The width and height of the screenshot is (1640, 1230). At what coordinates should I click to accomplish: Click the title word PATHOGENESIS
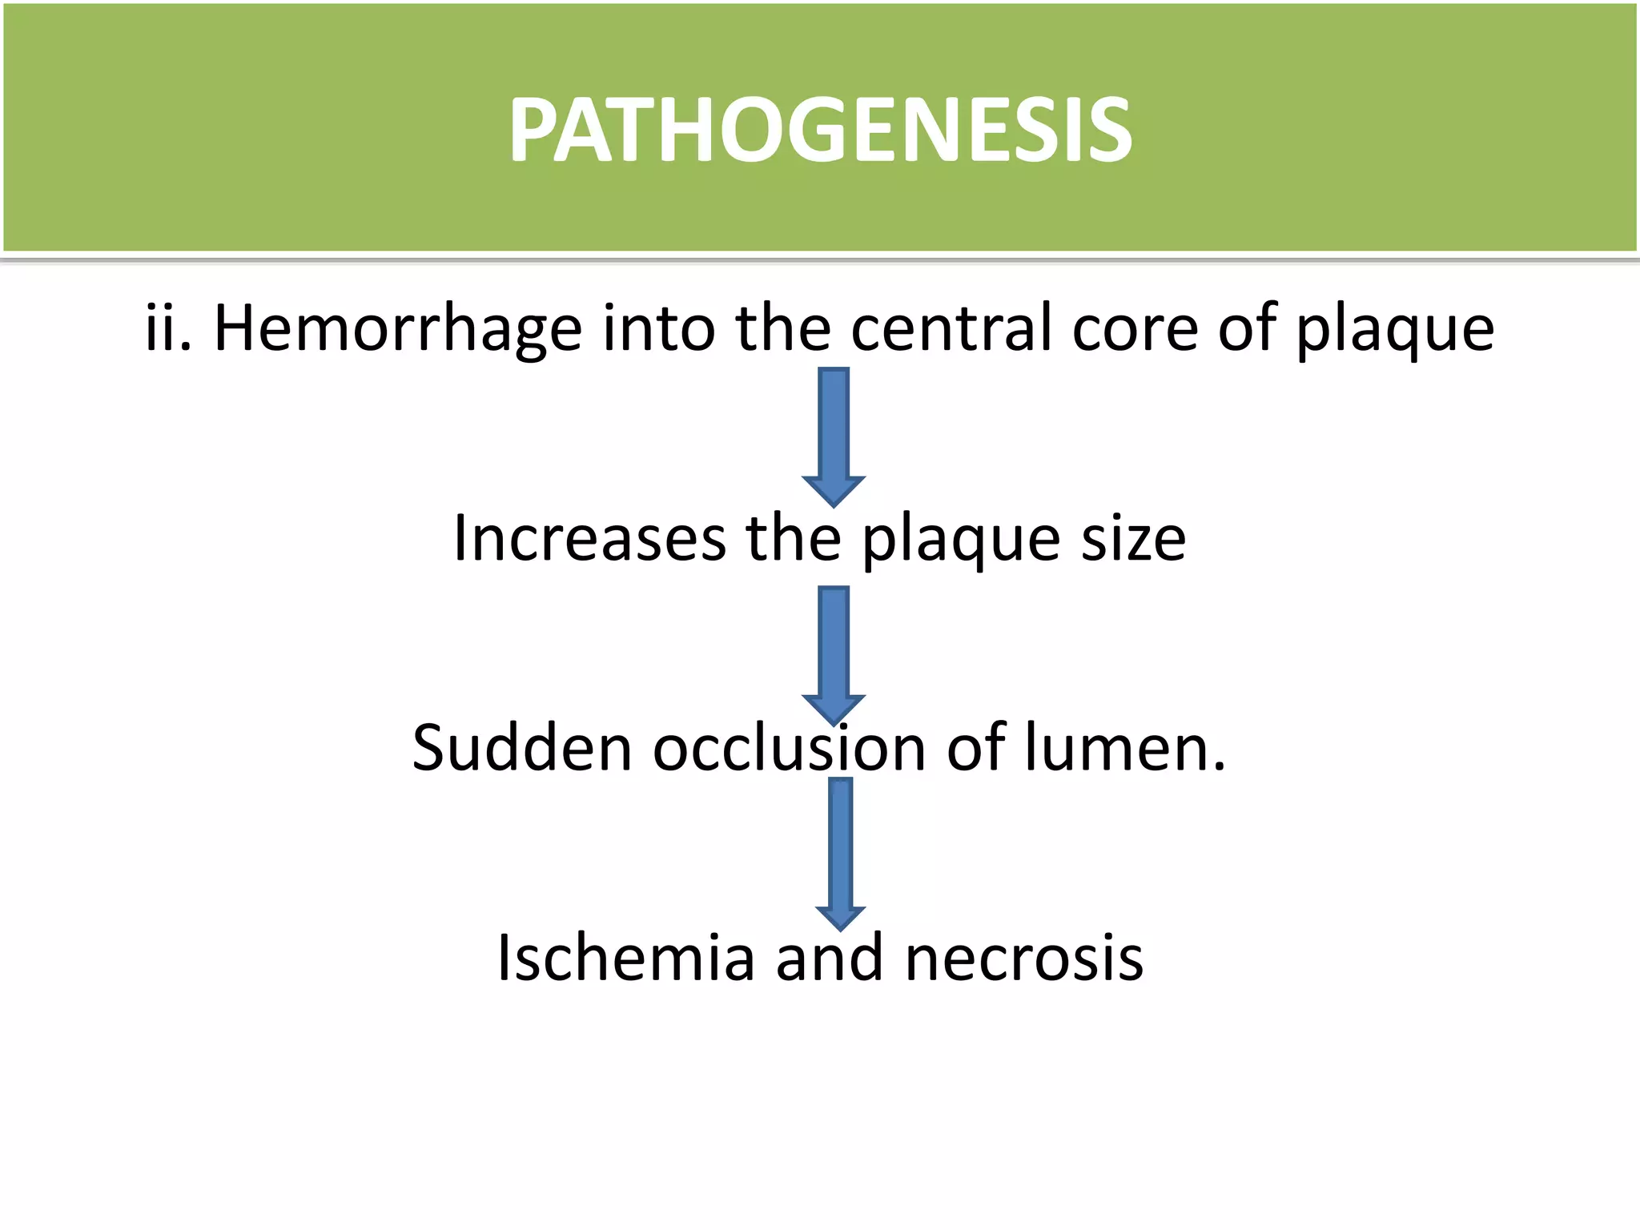point(820,131)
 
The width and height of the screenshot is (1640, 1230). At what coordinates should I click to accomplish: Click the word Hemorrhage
point(397,328)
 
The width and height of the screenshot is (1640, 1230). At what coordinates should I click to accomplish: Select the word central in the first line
point(951,328)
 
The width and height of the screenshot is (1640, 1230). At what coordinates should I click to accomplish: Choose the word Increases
point(589,538)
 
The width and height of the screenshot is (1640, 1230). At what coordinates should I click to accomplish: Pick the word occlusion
point(789,748)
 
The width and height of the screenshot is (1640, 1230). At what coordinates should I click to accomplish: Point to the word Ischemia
point(625,958)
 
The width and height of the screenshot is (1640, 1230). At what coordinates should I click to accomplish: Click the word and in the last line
point(830,958)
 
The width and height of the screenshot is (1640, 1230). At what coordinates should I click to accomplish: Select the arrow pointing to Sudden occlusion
point(834,653)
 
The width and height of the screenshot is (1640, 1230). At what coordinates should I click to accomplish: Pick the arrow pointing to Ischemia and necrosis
point(840,852)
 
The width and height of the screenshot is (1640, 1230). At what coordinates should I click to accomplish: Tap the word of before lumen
point(975,748)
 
